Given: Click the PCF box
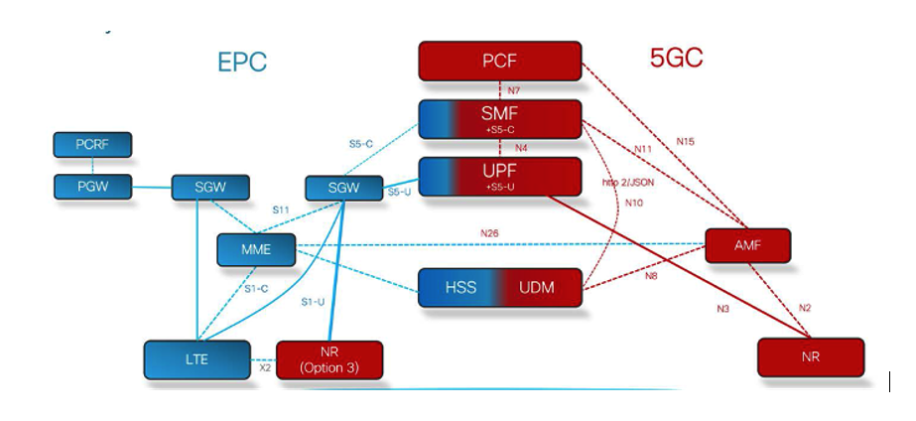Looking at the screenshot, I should (499, 61).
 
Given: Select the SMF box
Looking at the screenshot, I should (499, 117).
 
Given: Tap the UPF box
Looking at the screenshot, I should (499, 176).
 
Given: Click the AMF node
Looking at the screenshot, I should (747, 244).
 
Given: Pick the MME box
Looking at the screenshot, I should (257, 249).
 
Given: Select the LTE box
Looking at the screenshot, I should (196, 359).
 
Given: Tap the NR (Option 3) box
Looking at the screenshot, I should (328, 359).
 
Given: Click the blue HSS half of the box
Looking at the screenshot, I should (459, 287).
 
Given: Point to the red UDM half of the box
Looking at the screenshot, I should (537, 287).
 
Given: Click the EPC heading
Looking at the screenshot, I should (242, 63).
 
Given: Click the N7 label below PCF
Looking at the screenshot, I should (513, 90).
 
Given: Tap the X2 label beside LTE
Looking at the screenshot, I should (265, 367).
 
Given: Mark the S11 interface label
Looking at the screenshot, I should (282, 210).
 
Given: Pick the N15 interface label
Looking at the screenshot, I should (686, 141).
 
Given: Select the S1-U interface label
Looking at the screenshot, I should (313, 300).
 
